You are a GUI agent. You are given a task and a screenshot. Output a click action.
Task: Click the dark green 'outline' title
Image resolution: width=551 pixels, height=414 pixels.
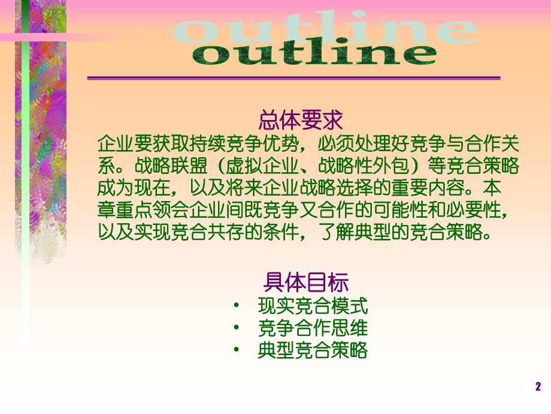point(315,53)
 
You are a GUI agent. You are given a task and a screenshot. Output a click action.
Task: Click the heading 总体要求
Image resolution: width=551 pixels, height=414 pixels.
point(301,121)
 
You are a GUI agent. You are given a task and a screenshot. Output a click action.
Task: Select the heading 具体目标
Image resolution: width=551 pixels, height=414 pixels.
point(305,282)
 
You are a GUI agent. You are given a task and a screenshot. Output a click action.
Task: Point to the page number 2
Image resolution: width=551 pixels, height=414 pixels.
point(538,387)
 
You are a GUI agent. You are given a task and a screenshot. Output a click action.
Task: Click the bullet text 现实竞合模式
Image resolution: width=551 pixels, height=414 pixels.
point(313,307)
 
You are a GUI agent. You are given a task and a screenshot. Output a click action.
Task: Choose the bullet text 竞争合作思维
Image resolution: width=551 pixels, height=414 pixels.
point(313,329)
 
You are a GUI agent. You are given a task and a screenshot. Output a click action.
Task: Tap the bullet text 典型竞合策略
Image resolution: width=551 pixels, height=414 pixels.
point(313,350)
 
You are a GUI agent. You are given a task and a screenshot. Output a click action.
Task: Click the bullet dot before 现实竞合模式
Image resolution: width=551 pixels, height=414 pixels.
point(238,307)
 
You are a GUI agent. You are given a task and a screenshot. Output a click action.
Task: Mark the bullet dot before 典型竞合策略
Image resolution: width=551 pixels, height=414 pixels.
point(238,350)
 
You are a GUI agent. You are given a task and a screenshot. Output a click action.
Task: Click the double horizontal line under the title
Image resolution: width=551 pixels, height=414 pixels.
point(293,78)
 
